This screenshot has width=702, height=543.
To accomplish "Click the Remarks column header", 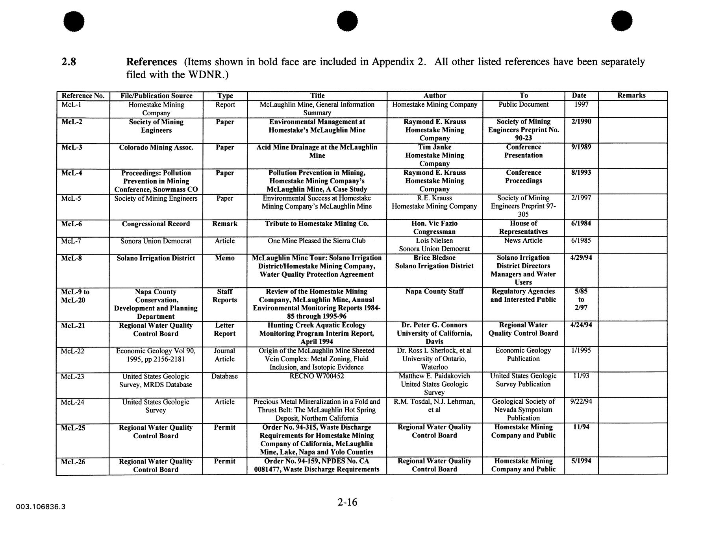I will (x=631, y=95).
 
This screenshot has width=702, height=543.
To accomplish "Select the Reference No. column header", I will (x=83, y=96).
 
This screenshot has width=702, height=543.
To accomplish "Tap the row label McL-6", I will (x=71, y=224).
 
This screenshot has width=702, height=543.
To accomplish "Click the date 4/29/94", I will (x=581, y=258).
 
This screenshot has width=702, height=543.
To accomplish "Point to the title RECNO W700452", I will (x=317, y=376).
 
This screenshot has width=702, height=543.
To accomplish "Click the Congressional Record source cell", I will (x=156, y=224).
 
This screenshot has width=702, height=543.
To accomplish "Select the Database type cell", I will (x=224, y=376).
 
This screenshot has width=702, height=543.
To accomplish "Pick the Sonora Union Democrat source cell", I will (x=156, y=241).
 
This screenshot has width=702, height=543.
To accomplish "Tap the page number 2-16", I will (x=347, y=502).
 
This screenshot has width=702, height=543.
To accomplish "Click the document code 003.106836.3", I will (x=41, y=507).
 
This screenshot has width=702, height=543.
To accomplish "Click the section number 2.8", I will (x=69, y=62).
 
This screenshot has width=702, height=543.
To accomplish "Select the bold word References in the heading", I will (x=151, y=62).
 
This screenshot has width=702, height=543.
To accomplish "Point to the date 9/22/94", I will (x=581, y=402).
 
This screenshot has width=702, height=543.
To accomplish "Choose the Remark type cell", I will (x=224, y=224).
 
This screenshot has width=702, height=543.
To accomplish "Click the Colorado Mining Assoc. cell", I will (x=156, y=148).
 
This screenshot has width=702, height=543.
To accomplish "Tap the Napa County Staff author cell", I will (x=434, y=292).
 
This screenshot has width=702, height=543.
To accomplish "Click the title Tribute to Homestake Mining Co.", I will (x=317, y=224).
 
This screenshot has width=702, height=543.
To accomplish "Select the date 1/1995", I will (x=581, y=351).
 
